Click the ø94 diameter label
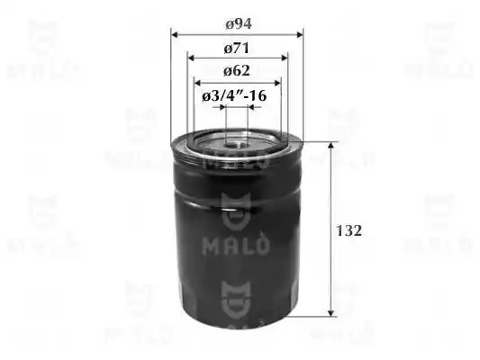pos(239,24)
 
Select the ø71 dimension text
pos(237,49)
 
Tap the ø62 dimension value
pos(237,71)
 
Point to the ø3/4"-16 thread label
pos(234,96)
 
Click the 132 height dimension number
pos(349,230)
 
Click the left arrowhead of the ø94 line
pos(175,34)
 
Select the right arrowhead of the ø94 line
pos(299,34)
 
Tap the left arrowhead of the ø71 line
pos(191,58)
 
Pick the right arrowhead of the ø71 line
pos(285,58)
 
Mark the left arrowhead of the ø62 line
pos(198,83)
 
